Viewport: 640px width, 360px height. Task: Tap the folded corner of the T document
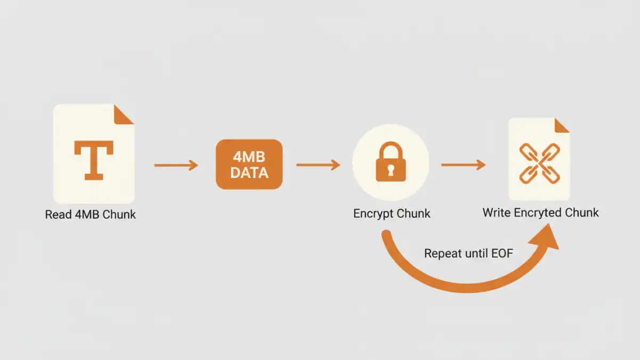click(x=124, y=115)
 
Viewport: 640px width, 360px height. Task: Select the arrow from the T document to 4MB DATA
click(x=176, y=165)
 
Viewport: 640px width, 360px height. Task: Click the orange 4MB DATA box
click(x=249, y=164)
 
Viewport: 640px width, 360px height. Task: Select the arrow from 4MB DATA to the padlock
click(x=318, y=165)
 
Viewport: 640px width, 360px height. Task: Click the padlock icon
click(x=390, y=162)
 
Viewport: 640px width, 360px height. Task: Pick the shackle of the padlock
click(x=390, y=150)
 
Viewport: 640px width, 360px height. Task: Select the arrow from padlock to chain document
click(x=463, y=165)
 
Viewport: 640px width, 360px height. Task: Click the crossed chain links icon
click(x=539, y=162)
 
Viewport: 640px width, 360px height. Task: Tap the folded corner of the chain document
click(x=561, y=126)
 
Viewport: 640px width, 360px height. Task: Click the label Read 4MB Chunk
click(x=91, y=214)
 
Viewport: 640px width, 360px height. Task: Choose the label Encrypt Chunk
click(x=391, y=214)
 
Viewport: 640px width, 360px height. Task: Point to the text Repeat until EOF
click(x=468, y=253)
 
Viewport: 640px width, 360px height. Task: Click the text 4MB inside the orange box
click(x=249, y=157)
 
